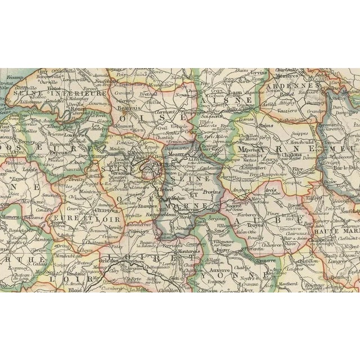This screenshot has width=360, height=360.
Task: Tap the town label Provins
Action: point(209,192)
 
